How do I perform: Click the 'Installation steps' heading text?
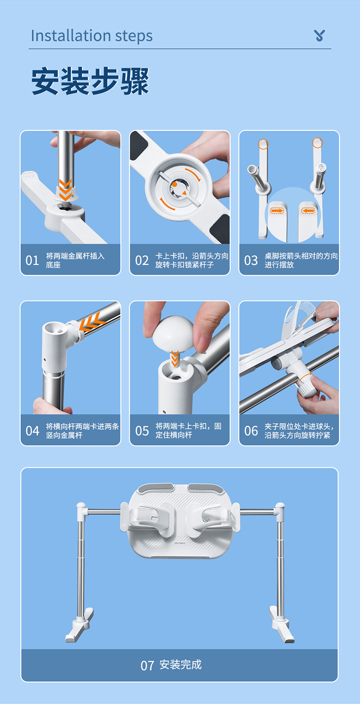[92, 36]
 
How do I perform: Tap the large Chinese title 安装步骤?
[90, 81]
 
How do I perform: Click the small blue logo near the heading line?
[319, 36]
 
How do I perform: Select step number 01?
[32, 260]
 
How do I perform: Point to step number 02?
[142, 260]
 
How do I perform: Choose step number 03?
[251, 260]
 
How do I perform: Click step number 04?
[32, 431]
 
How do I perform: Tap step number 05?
[142, 431]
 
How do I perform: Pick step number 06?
[251, 431]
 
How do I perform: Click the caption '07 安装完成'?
[171, 665]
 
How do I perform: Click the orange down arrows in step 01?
[65, 190]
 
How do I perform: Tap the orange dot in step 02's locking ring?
[174, 185]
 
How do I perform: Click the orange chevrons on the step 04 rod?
[91, 322]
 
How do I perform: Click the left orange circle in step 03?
[263, 144]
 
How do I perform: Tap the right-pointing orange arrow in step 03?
[277, 211]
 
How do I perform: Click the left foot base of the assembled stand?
[79, 626]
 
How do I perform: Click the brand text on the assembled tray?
[180, 543]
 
